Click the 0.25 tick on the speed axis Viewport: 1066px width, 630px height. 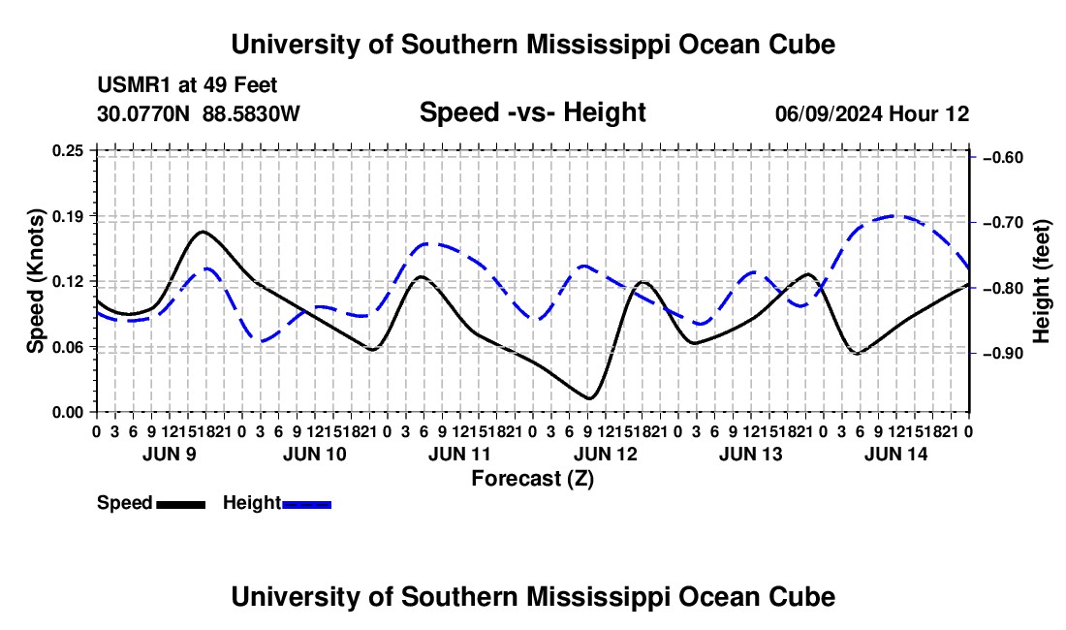(68, 151)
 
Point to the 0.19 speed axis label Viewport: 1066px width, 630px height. (68, 217)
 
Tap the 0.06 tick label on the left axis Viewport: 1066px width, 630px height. (68, 347)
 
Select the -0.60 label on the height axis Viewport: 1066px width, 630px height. (1003, 158)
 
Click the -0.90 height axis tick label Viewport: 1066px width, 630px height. (1003, 354)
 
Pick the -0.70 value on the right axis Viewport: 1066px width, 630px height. (1003, 223)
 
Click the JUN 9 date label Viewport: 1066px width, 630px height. (170, 454)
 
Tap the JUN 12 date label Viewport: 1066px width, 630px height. (605, 454)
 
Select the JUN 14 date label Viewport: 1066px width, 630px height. (896, 454)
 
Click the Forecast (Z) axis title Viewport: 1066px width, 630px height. (532, 479)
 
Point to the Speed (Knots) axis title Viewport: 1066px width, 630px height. (36, 281)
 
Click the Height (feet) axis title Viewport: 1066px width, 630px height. (1041, 281)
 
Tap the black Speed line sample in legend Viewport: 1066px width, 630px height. (181, 505)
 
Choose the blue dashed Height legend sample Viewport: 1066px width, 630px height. (306, 505)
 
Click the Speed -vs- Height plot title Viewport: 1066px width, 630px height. (532, 112)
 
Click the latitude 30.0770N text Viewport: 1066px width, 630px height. (143, 113)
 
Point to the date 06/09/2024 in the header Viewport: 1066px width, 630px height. (829, 113)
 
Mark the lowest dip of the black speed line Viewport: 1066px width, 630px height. (589, 398)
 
